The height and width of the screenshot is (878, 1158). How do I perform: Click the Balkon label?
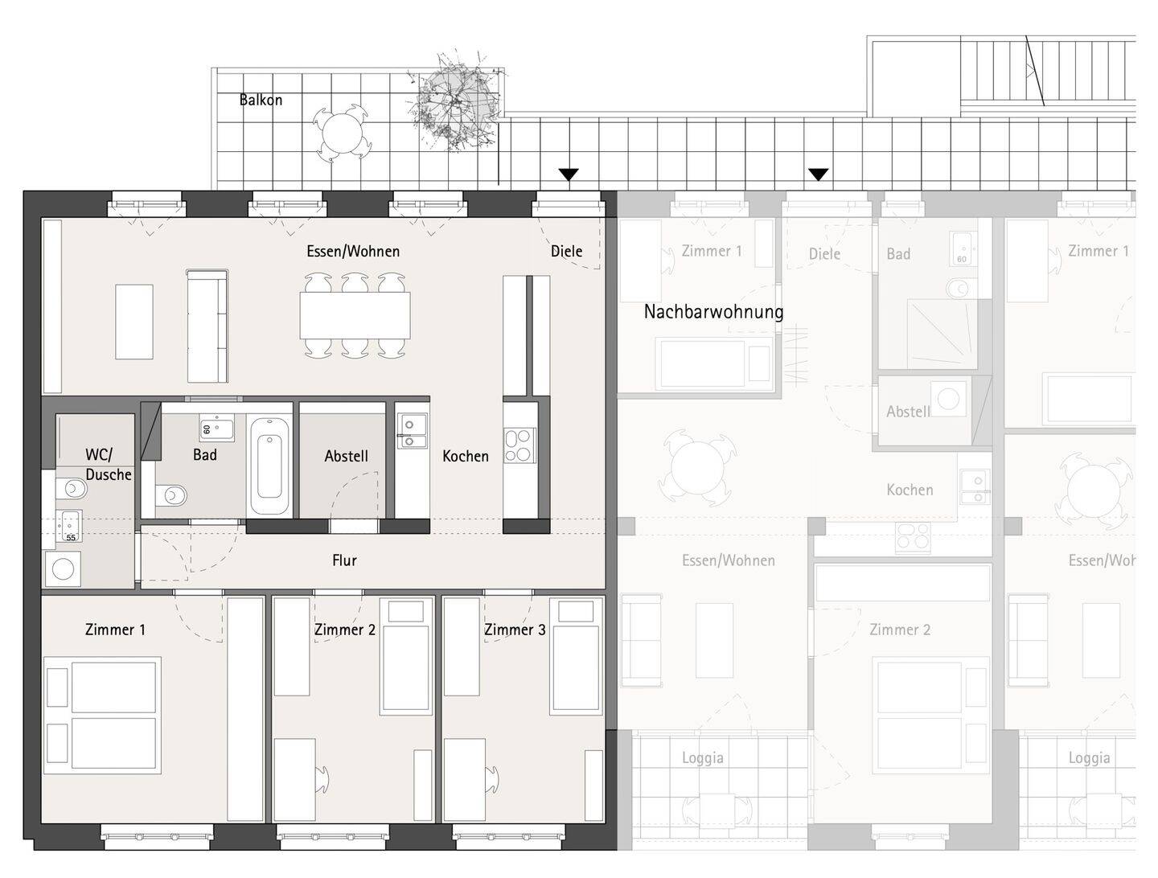(x=261, y=101)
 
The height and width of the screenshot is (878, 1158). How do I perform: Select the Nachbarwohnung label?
(x=713, y=312)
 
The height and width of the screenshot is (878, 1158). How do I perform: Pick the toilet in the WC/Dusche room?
(x=72, y=488)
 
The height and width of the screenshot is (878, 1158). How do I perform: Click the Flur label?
(x=344, y=560)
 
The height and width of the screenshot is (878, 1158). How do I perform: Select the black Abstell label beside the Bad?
(x=346, y=456)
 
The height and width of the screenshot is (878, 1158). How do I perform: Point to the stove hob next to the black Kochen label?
(x=519, y=445)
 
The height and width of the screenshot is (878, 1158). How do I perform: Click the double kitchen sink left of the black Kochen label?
(x=413, y=430)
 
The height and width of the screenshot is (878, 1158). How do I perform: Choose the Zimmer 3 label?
(x=515, y=630)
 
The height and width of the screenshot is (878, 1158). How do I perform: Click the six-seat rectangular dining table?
(x=355, y=315)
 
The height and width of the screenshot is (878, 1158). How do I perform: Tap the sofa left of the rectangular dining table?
(x=207, y=326)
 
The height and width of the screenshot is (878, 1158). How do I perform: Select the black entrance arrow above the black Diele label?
(x=569, y=174)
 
